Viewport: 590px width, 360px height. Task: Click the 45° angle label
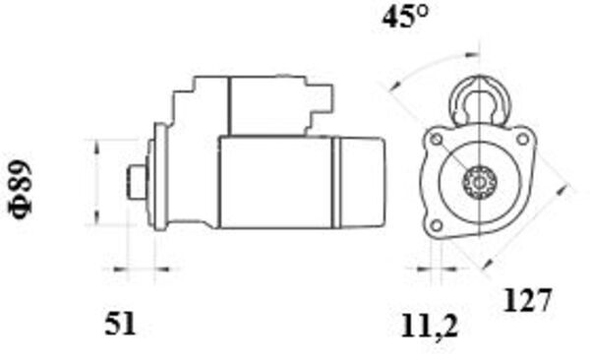(405, 17)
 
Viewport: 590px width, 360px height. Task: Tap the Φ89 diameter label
(22, 189)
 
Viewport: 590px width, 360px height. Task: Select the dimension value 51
(120, 324)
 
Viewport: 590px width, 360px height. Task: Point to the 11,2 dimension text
(430, 327)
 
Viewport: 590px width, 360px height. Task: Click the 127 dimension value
(527, 300)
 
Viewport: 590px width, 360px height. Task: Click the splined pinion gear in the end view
(479, 183)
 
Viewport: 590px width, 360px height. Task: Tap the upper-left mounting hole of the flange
(437, 140)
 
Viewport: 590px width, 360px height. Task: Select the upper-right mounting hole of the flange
(522, 140)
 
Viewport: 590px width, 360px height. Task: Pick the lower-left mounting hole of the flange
(436, 226)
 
